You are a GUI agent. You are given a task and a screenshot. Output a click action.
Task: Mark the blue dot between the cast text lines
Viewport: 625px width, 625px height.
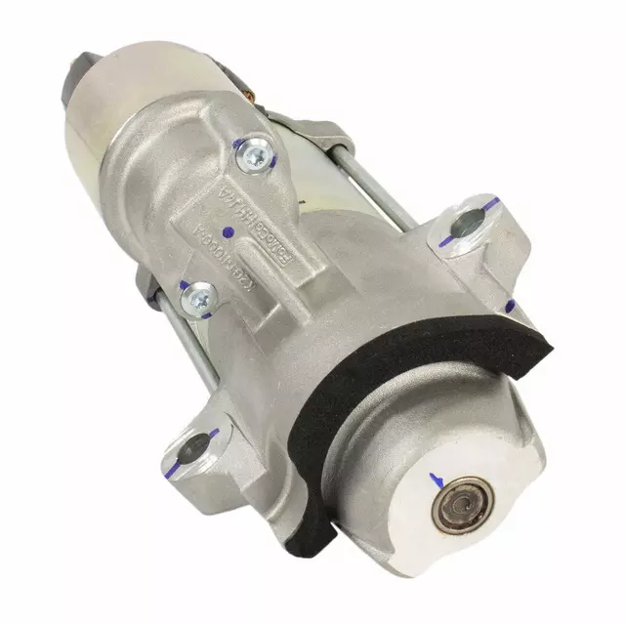point(228,232)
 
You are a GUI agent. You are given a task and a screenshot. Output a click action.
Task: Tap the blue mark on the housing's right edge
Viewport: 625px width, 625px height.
point(510,306)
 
